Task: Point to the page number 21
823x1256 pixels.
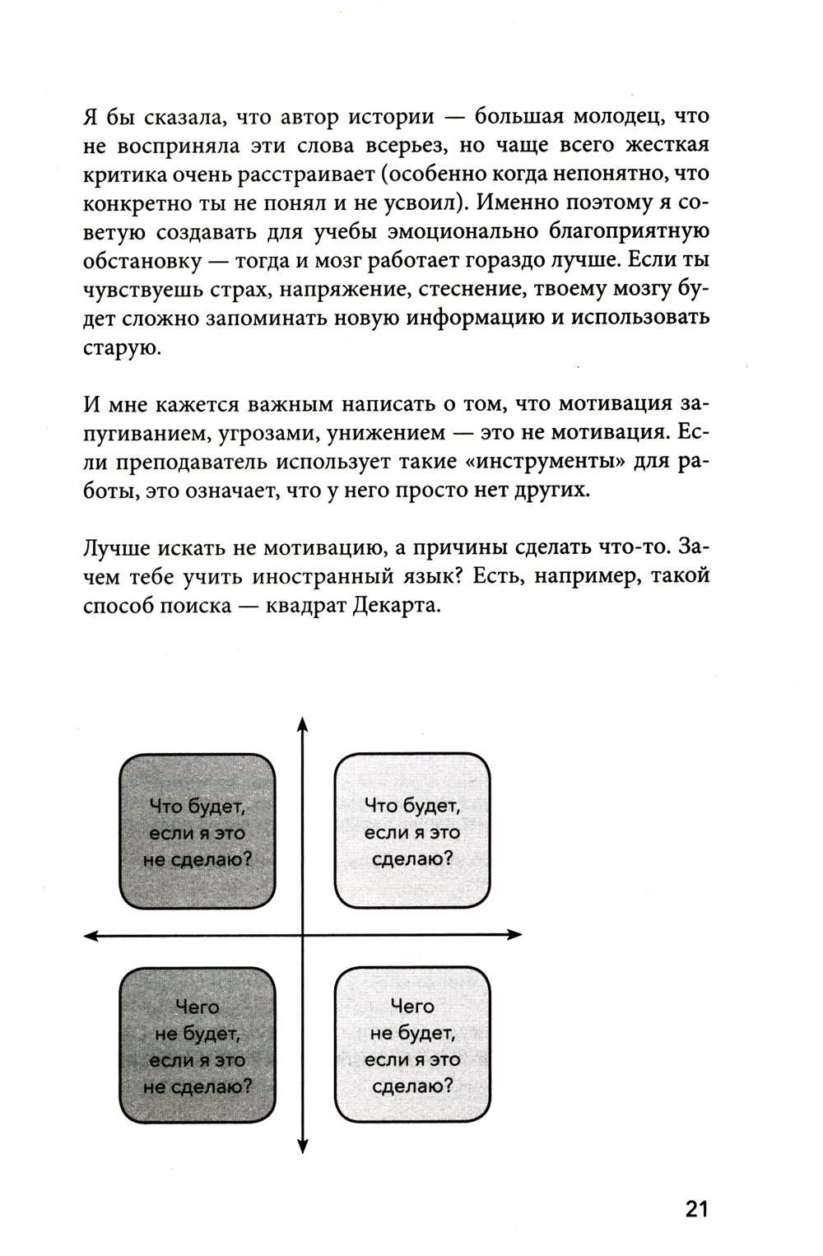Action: click(696, 1209)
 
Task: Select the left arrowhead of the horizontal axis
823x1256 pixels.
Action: click(91, 934)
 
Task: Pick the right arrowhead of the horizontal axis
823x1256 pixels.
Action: click(515, 934)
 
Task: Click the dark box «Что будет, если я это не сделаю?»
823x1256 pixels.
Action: click(198, 831)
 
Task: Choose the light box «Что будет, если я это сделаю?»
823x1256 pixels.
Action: click(411, 831)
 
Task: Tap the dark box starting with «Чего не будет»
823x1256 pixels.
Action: click(198, 1045)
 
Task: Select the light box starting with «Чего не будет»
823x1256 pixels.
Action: click(411, 1045)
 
